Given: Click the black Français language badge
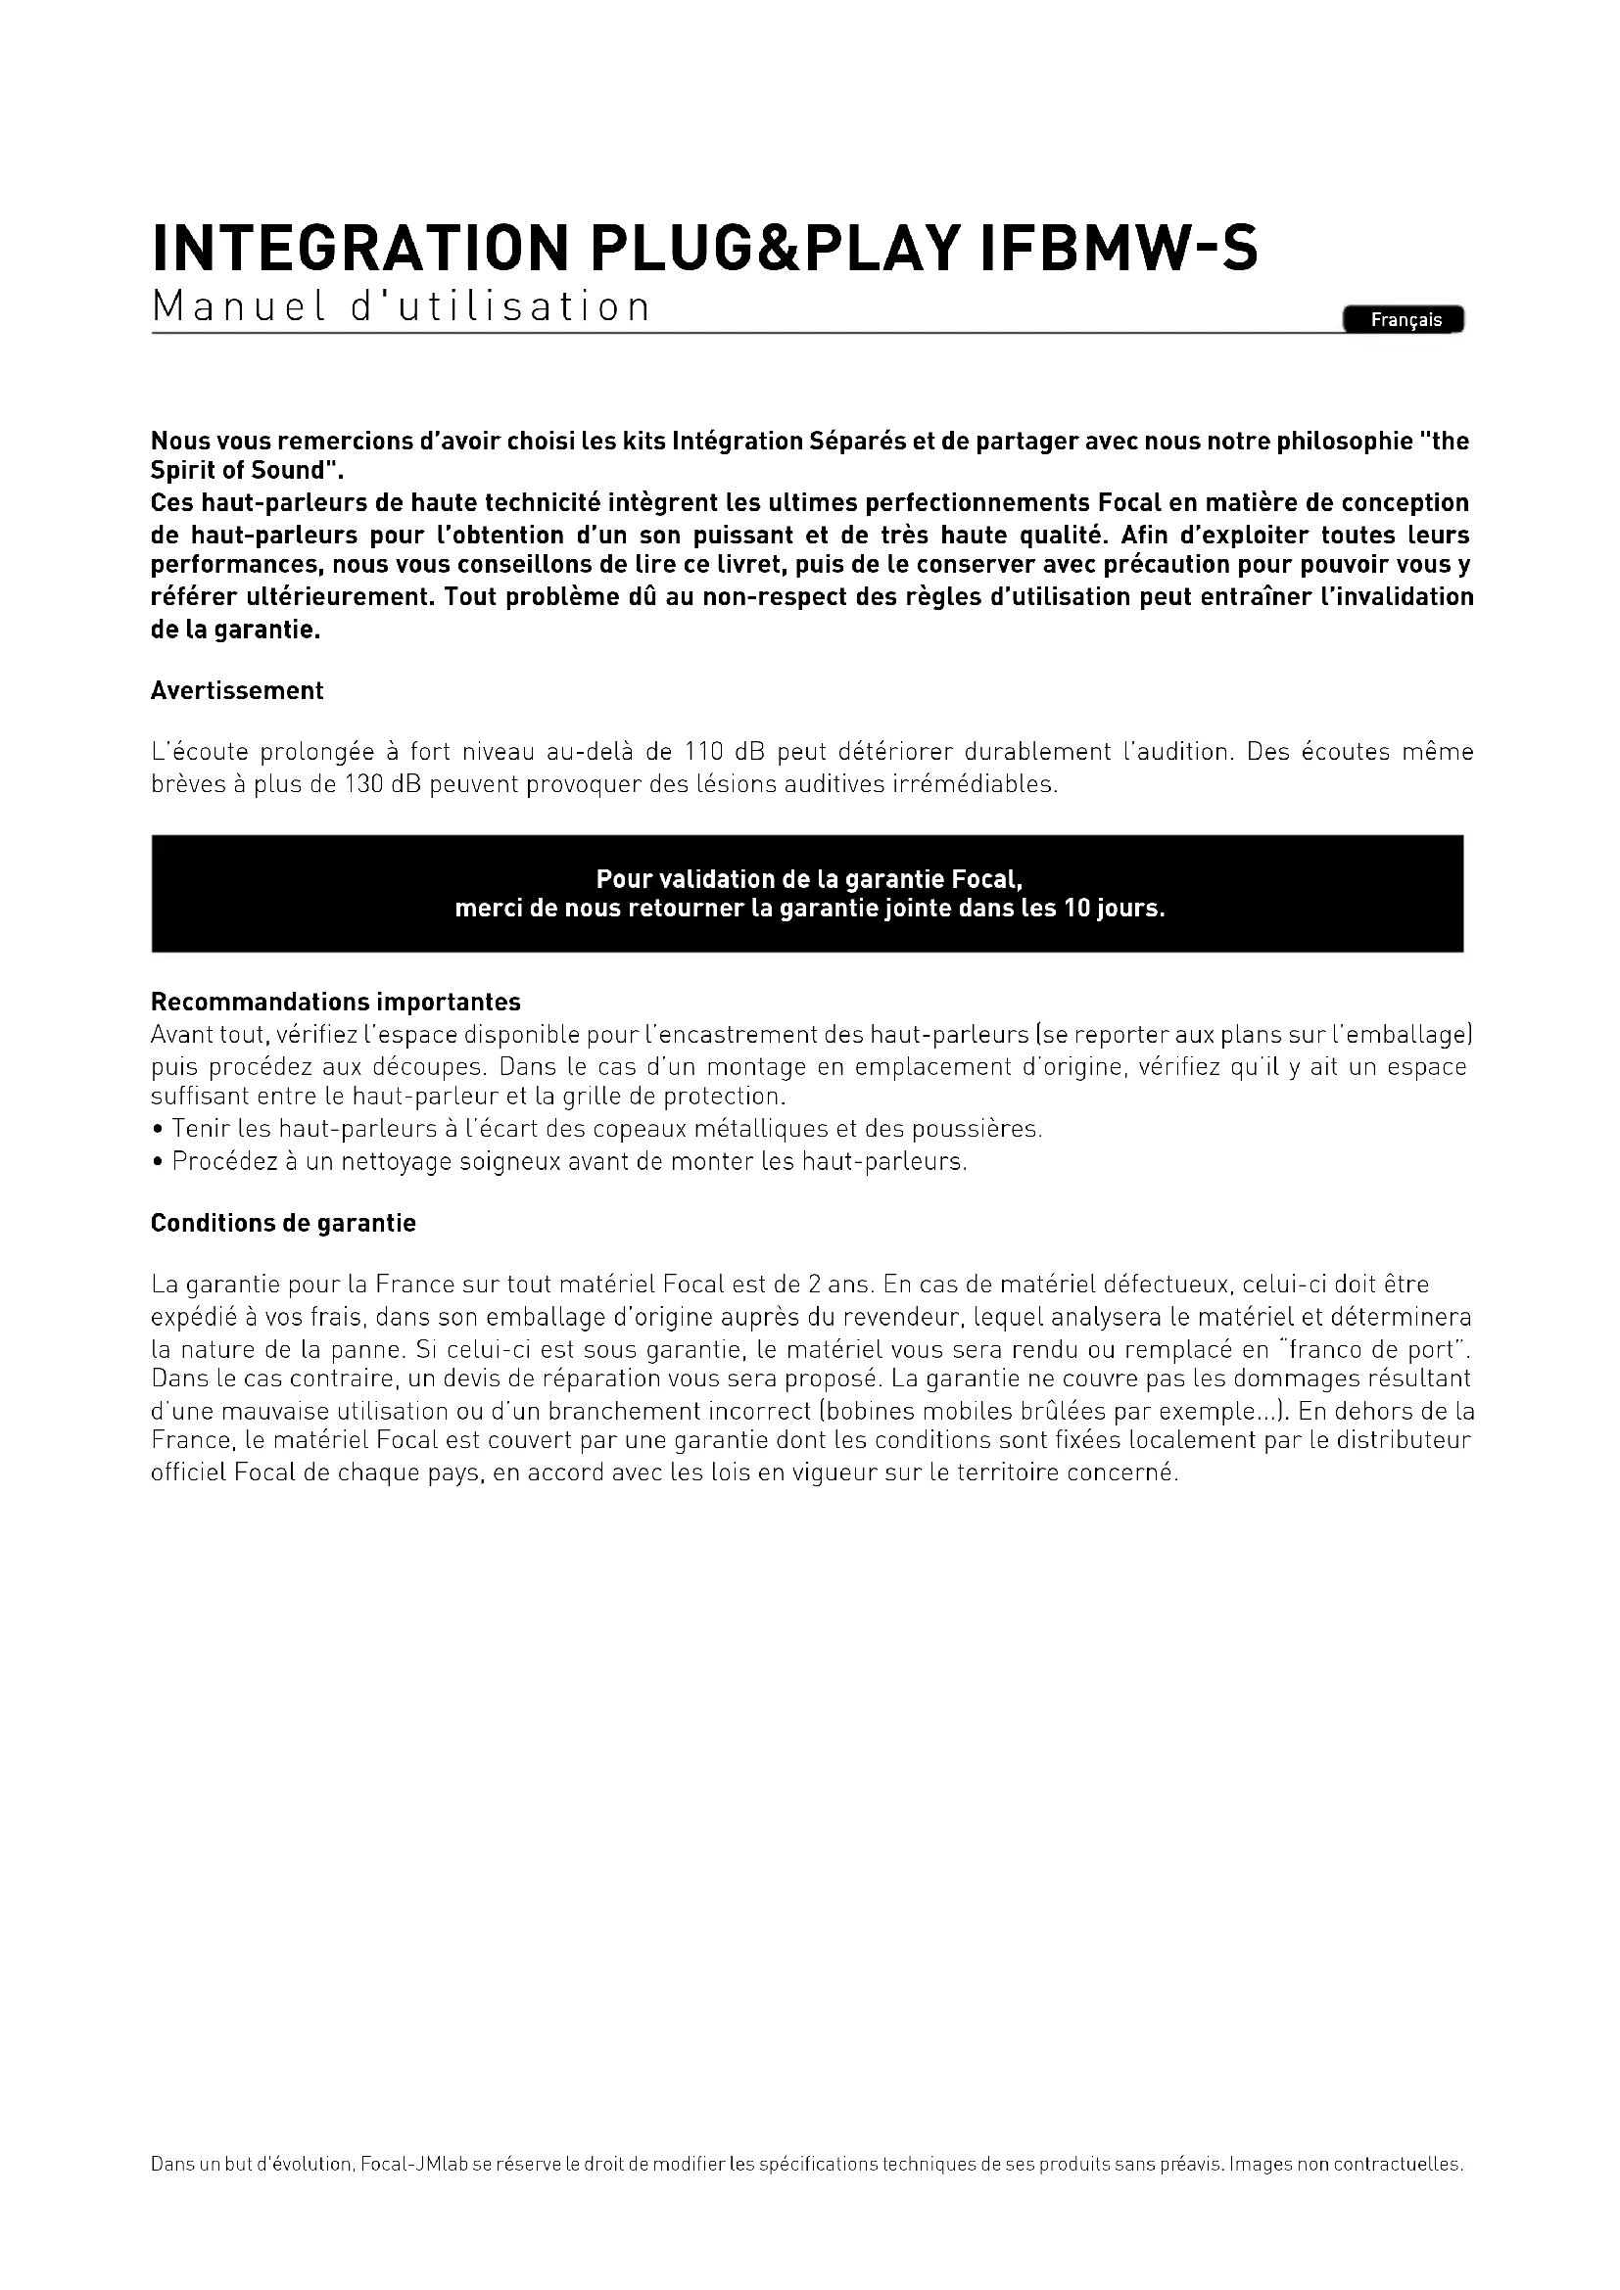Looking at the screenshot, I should (1405, 320).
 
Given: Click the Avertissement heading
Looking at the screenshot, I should (236, 690).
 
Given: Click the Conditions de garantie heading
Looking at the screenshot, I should (283, 1223).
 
